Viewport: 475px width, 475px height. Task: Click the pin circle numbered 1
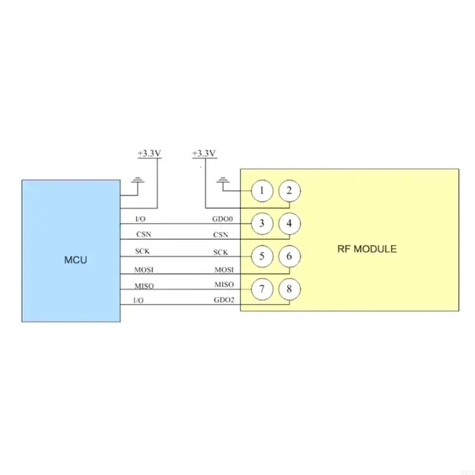[x=262, y=191]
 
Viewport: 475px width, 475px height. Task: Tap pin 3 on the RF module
[x=262, y=224]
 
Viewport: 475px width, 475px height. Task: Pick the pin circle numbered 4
[x=289, y=224]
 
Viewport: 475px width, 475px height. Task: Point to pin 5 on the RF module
[x=262, y=256]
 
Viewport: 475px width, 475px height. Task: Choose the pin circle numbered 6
[x=289, y=256]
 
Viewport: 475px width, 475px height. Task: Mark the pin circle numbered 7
[x=262, y=289]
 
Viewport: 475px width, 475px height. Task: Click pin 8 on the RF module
[x=289, y=289]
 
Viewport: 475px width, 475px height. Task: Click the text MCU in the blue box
[x=75, y=259]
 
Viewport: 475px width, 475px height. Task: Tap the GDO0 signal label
[x=223, y=219]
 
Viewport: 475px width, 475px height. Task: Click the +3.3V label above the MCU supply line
[x=149, y=153]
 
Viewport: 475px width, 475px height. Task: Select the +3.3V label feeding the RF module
[x=204, y=153]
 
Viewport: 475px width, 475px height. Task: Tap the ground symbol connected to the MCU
[x=138, y=180]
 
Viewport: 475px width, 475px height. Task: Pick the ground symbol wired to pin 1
[x=223, y=180]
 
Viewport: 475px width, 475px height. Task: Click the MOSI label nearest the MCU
[x=144, y=270]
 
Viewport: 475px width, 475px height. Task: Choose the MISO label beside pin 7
[x=224, y=285]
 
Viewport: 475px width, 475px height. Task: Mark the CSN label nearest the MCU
[x=143, y=235]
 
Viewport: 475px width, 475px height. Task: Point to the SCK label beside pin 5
[x=221, y=252]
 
